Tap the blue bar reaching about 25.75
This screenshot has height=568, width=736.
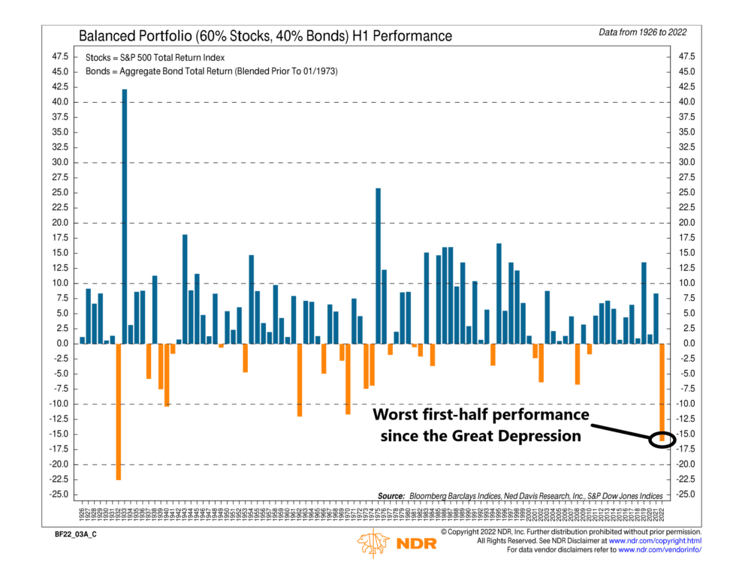coord(378,266)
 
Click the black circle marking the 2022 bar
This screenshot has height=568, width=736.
coord(662,438)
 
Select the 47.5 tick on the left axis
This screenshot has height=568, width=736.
coord(59,56)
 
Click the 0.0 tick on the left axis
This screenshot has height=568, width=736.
coord(62,344)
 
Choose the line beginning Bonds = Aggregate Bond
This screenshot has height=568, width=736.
coord(201,71)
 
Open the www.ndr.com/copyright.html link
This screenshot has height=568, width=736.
coord(655,540)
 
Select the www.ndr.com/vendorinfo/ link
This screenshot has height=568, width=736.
coord(659,550)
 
